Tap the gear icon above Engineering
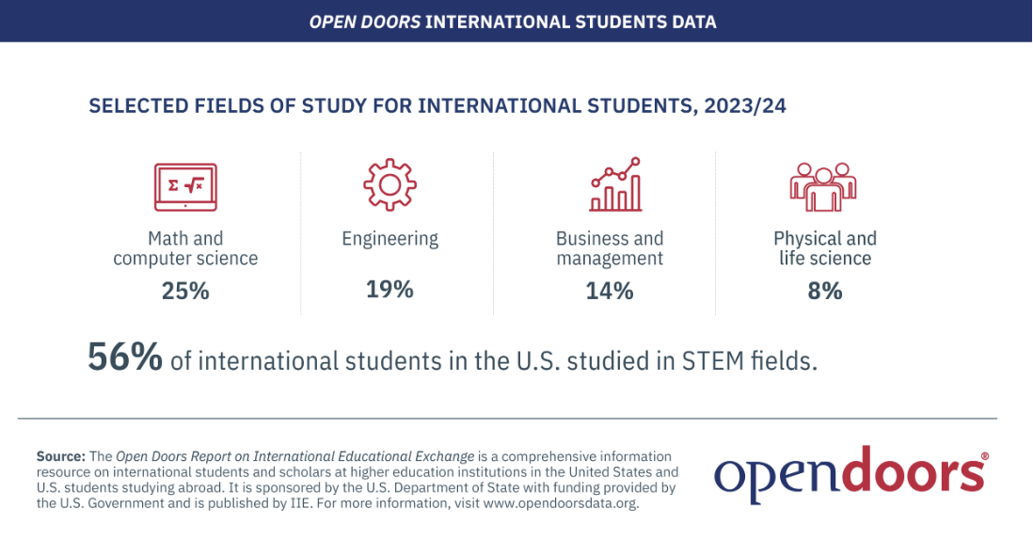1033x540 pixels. (x=389, y=184)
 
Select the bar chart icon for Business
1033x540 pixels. (x=615, y=184)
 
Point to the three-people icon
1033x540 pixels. (x=824, y=186)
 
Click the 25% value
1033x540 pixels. (x=184, y=291)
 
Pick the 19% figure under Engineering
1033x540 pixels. (x=389, y=289)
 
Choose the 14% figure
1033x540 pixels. (x=610, y=291)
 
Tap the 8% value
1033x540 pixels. (x=824, y=291)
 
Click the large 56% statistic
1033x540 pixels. (x=125, y=358)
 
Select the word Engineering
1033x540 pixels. (x=389, y=239)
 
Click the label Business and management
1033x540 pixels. (x=610, y=247)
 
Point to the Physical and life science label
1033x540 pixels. (x=824, y=247)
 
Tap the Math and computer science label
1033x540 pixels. (x=184, y=247)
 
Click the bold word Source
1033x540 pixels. (x=61, y=456)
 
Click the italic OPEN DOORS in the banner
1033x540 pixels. (x=365, y=21)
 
